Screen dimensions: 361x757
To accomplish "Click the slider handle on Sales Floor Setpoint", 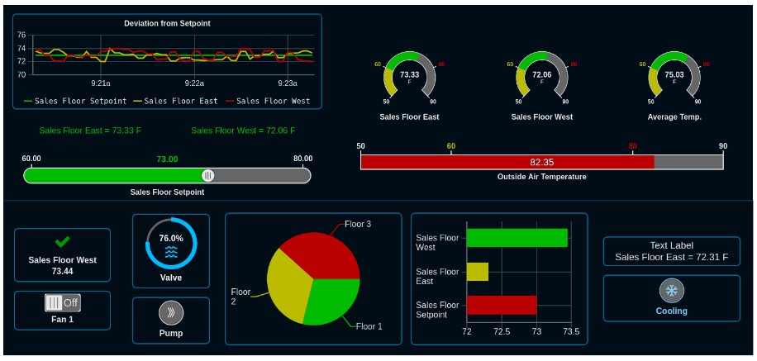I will pos(208,175).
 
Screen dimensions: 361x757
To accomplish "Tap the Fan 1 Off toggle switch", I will pos(62,302).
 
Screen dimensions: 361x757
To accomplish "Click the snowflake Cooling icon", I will pos(671,291).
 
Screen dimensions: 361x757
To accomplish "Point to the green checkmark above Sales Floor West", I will pos(62,242).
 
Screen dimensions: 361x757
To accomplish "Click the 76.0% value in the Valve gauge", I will pos(171,238).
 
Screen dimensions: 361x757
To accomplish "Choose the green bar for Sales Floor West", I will pos(517,238).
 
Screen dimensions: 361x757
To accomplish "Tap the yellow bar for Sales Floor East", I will pos(478,272).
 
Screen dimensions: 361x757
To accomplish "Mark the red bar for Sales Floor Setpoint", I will pos(501,305).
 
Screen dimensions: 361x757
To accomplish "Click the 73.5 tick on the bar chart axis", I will pos(570,331).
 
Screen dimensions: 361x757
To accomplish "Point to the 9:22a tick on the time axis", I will pos(194,83).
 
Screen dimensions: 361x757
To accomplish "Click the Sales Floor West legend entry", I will pos(273,102).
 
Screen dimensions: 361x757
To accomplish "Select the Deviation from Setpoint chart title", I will pos(167,23).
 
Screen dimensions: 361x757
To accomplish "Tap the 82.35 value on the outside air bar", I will pos(542,162).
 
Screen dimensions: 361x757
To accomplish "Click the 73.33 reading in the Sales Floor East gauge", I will pos(410,74).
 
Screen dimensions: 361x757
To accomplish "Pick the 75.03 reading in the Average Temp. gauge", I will pos(674,74).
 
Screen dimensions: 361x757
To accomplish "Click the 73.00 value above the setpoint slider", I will pos(168,159).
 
